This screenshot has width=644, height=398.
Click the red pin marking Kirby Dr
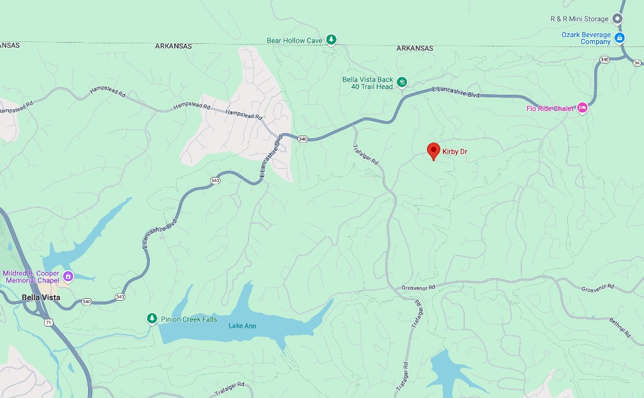pyautogui.click(x=433, y=151)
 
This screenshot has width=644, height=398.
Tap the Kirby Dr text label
pyautogui.click(x=455, y=152)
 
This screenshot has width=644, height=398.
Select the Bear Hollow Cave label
pyautogui.click(x=294, y=41)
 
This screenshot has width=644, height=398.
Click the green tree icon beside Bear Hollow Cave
pyautogui.click(x=331, y=40)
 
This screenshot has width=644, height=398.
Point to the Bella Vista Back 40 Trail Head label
pyautogui.click(x=367, y=83)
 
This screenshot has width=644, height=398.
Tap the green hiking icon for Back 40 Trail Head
pyautogui.click(x=402, y=82)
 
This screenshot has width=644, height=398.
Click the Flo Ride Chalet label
pyautogui.click(x=550, y=109)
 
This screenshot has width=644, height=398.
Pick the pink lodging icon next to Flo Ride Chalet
pyautogui.click(x=582, y=108)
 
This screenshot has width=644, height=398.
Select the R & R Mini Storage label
pyautogui.click(x=579, y=19)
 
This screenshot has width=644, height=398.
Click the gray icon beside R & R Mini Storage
pyautogui.click(x=618, y=19)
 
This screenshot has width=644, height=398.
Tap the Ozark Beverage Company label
pyautogui.click(x=586, y=38)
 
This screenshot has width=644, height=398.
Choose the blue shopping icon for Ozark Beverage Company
pyautogui.click(x=619, y=38)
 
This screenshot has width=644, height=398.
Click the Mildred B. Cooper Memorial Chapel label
pyautogui.click(x=31, y=277)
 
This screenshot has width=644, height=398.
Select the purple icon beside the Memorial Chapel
pyautogui.click(x=69, y=276)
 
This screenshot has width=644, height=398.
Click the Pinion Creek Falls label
pyautogui.click(x=189, y=320)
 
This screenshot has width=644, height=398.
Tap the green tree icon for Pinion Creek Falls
pyautogui.click(x=152, y=319)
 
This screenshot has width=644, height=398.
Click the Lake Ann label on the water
pyautogui.click(x=242, y=326)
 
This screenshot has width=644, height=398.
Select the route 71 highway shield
pyautogui.click(x=48, y=322)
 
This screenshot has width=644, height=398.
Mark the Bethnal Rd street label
pyautogui.click(x=619, y=328)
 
